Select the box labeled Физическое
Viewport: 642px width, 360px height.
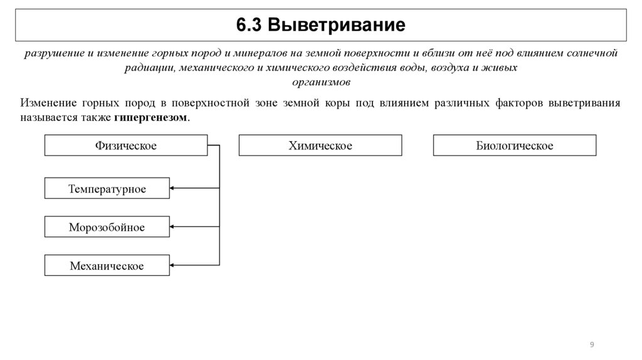(125, 146)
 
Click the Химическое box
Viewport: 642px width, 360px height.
(320, 146)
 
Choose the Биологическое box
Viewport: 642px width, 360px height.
(515, 146)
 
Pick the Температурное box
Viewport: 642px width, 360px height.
(107, 188)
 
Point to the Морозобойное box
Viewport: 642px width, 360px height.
(107, 227)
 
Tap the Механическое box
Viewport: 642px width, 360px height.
(107, 266)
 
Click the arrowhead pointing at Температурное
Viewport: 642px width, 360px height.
(174, 188)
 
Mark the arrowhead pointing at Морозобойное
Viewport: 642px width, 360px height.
(174, 226)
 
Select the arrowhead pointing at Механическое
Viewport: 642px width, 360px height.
(174, 265)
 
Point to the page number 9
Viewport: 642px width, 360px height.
(592, 344)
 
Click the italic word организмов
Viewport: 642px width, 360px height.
(321, 82)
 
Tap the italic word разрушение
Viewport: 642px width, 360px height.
(50, 54)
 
